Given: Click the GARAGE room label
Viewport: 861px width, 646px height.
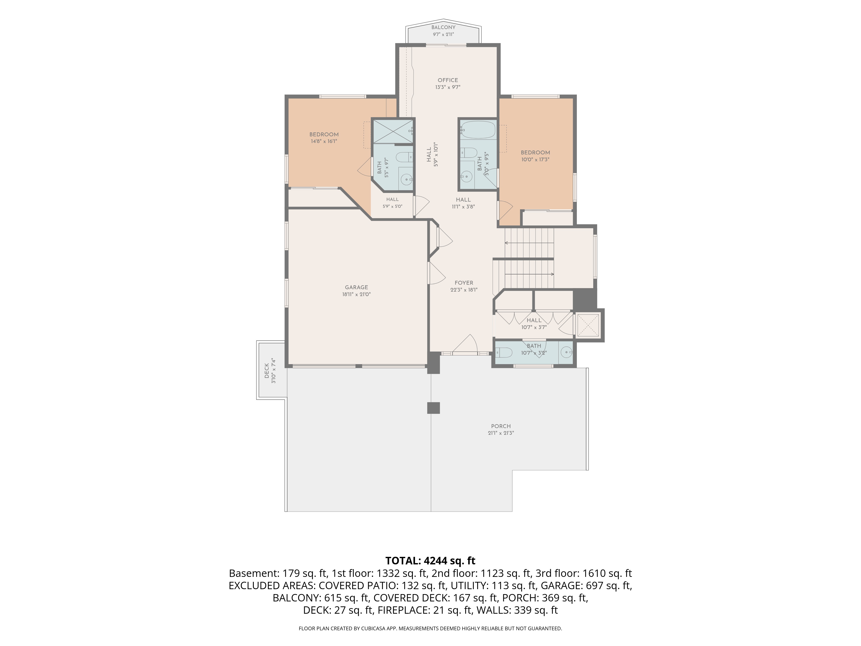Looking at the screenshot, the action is click(x=356, y=287).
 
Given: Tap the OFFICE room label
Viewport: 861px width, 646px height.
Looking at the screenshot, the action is click(x=448, y=80).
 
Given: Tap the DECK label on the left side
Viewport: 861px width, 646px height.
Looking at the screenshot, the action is click(x=267, y=371).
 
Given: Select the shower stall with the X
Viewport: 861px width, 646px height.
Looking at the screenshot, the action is click(x=393, y=131).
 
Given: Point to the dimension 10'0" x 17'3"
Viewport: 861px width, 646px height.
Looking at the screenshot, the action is click(x=535, y=159).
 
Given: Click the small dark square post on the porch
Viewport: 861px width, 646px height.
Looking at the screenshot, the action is click(x=434, y=408).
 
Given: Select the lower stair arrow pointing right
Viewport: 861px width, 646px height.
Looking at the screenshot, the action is click(x=529, y=274).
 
